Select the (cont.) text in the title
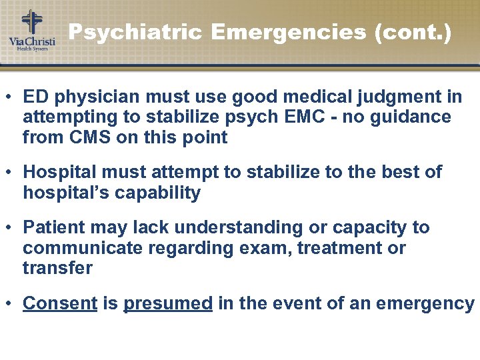click(x=413, y=32)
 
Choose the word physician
click(x=95, y=97)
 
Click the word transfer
click(x=57, y=269)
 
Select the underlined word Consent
click(x=60, y=303)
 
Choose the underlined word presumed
click(x=168, y=303)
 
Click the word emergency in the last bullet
click(x=425, y=303)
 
